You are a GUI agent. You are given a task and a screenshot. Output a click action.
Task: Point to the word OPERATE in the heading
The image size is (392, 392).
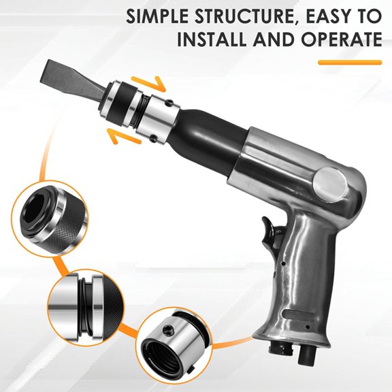(x=339, y=39)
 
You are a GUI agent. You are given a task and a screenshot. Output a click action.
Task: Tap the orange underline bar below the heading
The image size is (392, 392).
(x=350, y=63)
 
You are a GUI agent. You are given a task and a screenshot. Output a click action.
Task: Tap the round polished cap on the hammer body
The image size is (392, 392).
(x=333, y=182)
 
